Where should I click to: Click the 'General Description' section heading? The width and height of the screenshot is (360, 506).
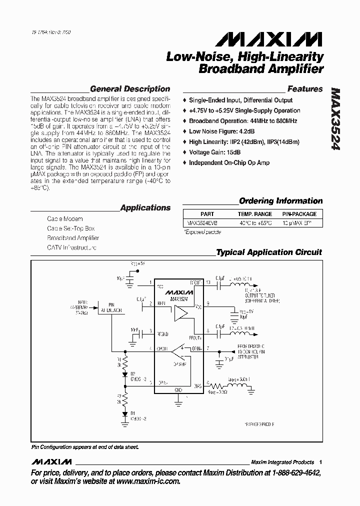[x=130, y=89]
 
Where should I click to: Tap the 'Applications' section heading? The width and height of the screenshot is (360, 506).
[x=145, y=207]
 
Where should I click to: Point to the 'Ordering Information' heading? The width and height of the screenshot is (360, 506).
[x=281, y=201]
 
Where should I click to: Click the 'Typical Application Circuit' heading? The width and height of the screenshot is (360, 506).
[x=269, y=252]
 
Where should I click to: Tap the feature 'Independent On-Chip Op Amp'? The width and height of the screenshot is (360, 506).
[x=229, y=162]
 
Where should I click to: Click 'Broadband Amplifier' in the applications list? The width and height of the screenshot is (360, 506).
[x=73, y=238]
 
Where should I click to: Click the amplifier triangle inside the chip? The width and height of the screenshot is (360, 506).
[x=181, y=313]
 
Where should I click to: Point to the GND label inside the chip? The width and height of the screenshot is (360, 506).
[x=178, y=389]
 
